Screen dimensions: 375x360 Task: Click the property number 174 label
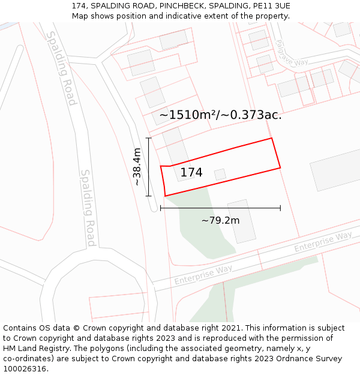191,173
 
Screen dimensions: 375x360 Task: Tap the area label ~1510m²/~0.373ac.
220,115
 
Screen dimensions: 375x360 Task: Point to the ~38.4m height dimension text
137,167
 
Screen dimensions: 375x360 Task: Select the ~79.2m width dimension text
220,220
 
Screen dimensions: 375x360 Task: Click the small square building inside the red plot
220,174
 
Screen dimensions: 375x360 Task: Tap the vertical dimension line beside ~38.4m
149,167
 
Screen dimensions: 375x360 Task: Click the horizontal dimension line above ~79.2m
220,208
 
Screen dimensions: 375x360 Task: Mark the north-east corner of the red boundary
272,139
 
